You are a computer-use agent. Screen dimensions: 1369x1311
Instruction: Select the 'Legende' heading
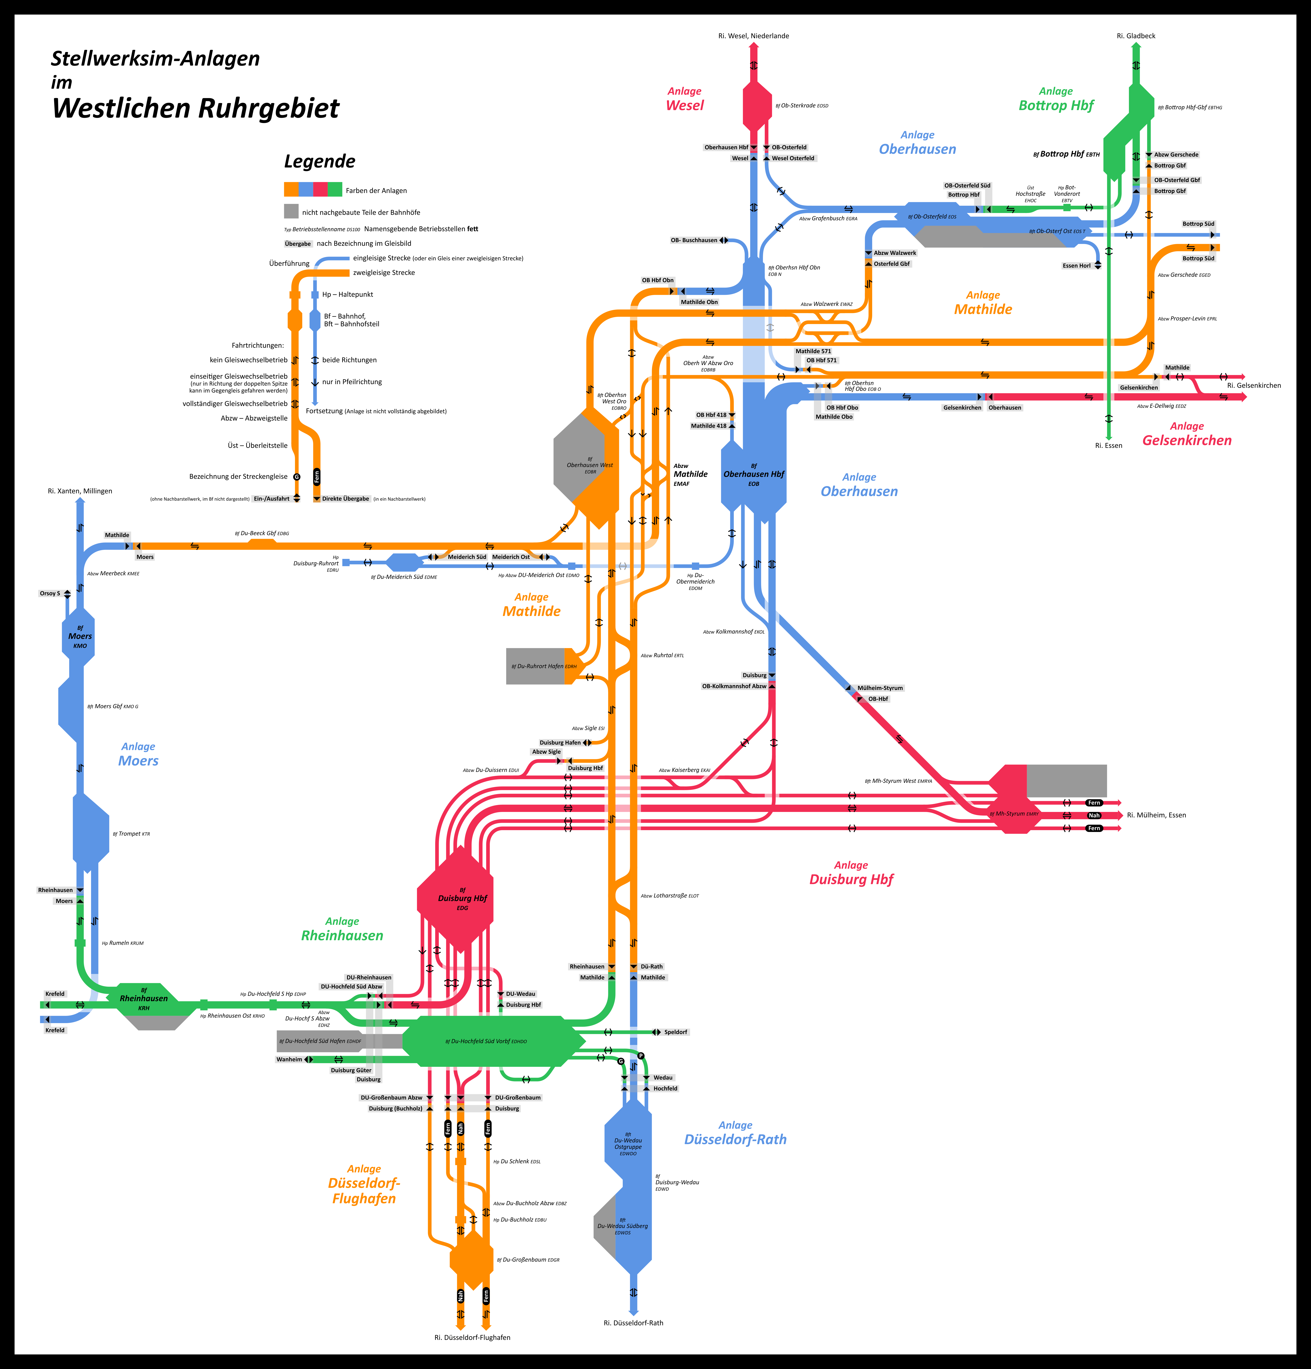click(x=319, y=161)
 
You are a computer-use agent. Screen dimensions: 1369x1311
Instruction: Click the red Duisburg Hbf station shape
click(x=455, y=899)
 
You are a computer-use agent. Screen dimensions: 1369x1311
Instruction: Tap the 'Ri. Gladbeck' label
click(x=1136, y=36)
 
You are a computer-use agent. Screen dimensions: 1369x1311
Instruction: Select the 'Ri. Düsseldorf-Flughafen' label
click(x=472, y=1338)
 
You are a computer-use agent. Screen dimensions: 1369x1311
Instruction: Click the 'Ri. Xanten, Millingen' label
click(x=80, y=491)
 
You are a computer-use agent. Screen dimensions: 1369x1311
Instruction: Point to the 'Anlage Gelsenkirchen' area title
click(x=1187, y=434)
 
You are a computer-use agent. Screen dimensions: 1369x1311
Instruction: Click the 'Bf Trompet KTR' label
click(x=131, y=834)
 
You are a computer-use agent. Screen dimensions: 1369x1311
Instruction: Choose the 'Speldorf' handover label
click(x=675, y=1032)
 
